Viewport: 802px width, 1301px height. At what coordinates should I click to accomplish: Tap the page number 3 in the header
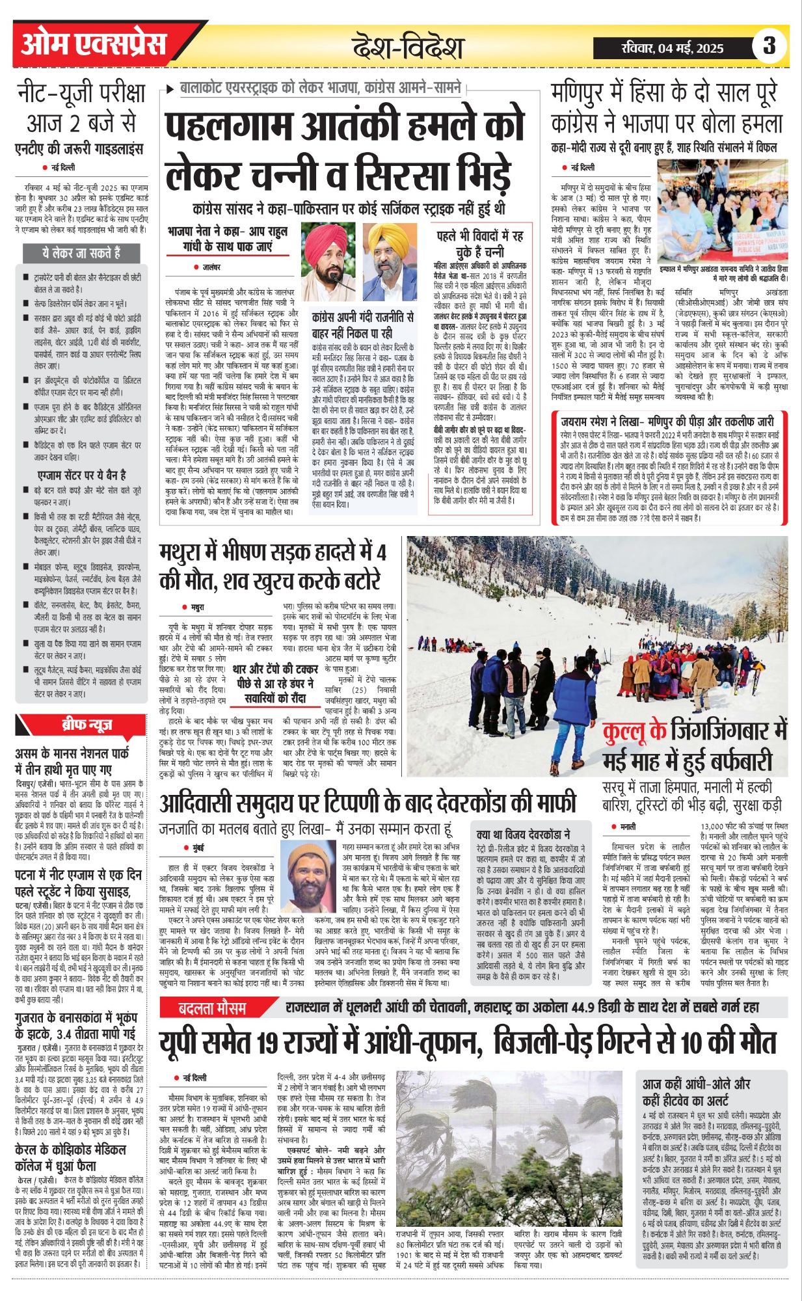pos(769,46)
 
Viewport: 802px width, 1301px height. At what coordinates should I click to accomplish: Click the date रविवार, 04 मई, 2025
pos(673,47)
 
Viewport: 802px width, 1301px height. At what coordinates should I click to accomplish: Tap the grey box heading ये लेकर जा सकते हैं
pos(82,253)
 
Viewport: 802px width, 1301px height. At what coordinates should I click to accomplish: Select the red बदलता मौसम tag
pos(213,1008)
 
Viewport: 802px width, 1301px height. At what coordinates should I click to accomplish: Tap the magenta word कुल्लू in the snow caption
pos(634,732)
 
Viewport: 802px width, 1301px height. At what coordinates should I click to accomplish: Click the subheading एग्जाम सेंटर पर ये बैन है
pos(82,475)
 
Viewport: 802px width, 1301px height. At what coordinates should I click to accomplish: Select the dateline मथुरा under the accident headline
pos(197,608)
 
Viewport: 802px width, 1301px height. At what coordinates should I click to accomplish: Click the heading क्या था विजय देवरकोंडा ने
pos(524,834)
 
